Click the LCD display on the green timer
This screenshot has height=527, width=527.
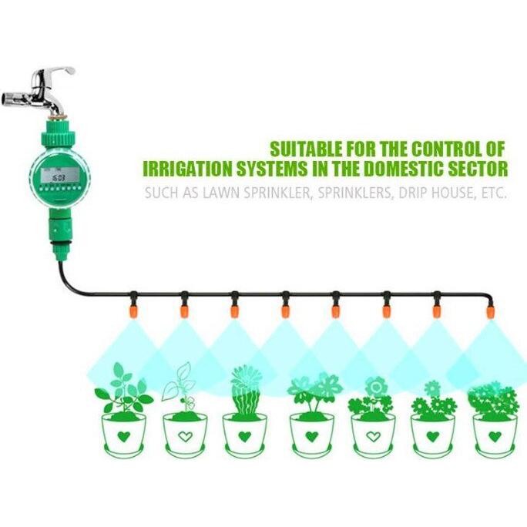pos(60,176)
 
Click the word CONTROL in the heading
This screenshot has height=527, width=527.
pos(447,149)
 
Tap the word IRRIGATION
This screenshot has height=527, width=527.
pos(188,169)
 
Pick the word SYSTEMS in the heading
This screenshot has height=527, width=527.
pos(271,169)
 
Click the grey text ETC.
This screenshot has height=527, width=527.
pos(493,193)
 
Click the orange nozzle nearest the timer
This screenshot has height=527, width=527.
pos(133,310)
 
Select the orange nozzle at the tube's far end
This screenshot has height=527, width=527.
pos(490,311)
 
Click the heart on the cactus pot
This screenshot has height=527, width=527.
pos(245,437)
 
